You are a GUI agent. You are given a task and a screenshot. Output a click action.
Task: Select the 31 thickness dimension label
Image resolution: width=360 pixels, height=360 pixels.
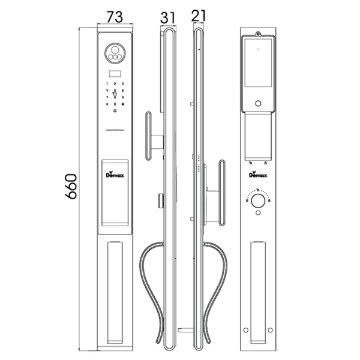coord(169,16)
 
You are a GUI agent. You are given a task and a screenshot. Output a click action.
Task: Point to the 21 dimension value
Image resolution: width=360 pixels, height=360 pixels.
coord(199,16)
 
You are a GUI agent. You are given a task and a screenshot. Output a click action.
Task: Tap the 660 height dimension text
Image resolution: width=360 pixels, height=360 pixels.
coord(71,187)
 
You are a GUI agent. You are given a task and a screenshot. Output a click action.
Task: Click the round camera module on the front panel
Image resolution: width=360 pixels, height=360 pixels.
coord(115,52)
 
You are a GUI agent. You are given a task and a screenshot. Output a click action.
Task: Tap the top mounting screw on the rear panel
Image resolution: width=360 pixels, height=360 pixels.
coord(258,34)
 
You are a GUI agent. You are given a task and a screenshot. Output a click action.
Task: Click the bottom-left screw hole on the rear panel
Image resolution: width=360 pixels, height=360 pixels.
coord(246,328)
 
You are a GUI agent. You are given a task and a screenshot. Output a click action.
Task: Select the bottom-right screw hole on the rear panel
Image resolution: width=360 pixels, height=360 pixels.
coord(271,328)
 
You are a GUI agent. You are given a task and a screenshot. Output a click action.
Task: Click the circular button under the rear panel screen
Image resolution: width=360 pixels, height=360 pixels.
coord(259,104)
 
